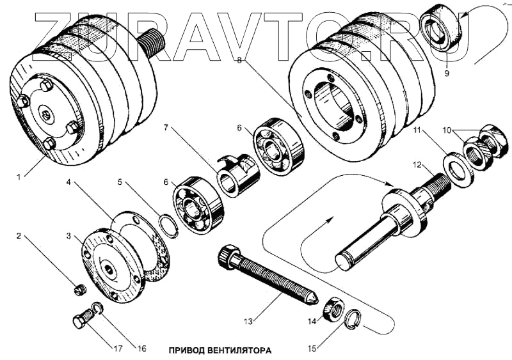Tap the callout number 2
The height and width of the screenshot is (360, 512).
[x=19, y=236]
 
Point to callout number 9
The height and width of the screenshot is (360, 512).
[x=447, y=73]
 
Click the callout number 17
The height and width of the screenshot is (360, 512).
[x=118, y=349]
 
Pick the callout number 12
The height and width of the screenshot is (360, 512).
[x=417, y=166]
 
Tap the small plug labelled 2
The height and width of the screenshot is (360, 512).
[x=79, y=290]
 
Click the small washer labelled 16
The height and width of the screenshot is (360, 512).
[x=97, y=309]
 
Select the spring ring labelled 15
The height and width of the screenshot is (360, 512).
[x=353, y=319]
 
